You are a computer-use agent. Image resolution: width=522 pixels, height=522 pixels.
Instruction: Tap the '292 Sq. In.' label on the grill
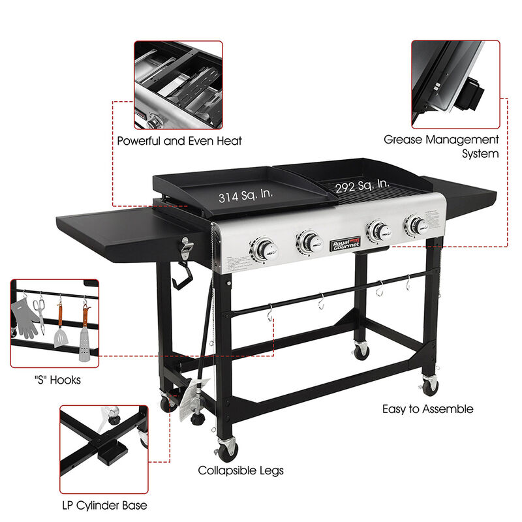[363, 187]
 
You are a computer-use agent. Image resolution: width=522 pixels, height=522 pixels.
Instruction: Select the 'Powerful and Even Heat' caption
[179, 140]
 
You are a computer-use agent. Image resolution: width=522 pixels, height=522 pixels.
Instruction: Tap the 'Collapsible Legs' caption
[241, 470]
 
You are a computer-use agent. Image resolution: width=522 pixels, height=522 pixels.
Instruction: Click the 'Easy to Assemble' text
[428, 410]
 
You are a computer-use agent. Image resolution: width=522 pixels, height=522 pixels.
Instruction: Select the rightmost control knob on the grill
[415, 226]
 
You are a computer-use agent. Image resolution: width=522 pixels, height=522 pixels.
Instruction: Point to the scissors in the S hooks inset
[39, 311]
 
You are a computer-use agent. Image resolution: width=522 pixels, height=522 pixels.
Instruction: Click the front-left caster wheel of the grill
[227, 450]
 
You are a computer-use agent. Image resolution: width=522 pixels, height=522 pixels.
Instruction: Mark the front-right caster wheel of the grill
[429, 386]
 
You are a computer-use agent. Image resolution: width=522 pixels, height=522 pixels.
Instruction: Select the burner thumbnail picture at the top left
[178, 85]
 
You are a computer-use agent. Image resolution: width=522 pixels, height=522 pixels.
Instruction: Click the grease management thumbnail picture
[455, 84]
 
